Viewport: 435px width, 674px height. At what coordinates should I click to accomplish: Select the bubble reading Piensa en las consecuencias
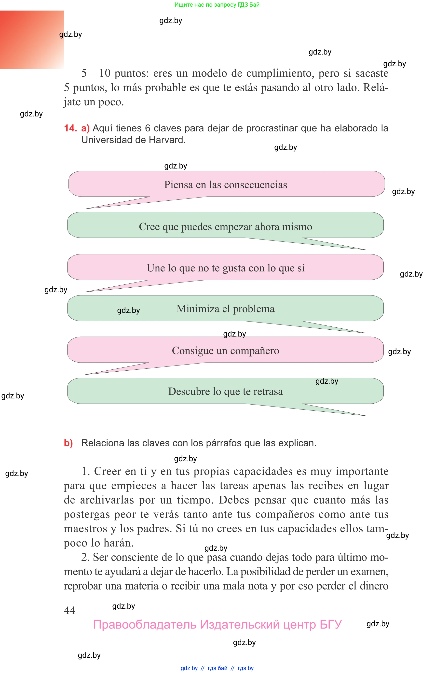(x=225, y=184)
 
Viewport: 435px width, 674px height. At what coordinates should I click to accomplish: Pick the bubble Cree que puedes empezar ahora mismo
(x=225, y=226)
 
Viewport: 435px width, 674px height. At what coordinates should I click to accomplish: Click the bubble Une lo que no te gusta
(x=225, y=268)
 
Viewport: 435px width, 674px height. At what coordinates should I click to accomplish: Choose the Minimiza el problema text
(x=225, y=309)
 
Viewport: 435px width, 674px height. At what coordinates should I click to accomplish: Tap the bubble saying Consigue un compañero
(x=225, y=351)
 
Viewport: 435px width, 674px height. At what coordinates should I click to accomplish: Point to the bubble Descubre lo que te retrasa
(x=225, y=391)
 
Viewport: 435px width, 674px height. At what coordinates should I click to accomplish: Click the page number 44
(x=70, y=610)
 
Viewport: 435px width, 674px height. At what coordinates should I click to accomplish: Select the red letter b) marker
(x=68, y=443)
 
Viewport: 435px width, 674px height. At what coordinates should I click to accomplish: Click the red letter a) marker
(x=85, y=128)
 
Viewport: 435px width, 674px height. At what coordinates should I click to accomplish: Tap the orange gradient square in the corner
(x=32, y=40)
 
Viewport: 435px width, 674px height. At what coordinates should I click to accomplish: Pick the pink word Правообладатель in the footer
(x=145, y=624)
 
